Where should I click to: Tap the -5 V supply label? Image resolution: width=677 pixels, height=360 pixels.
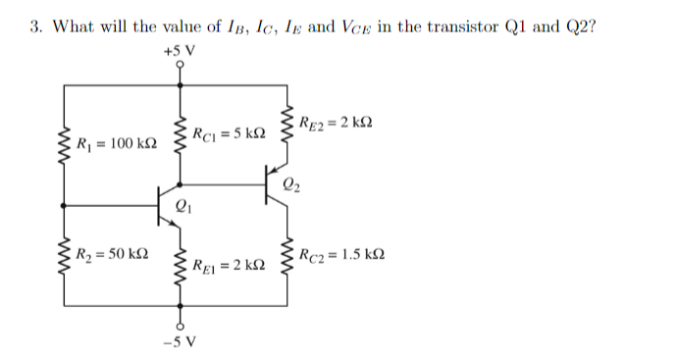182,342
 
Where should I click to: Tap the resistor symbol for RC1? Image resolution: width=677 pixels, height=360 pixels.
179,133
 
